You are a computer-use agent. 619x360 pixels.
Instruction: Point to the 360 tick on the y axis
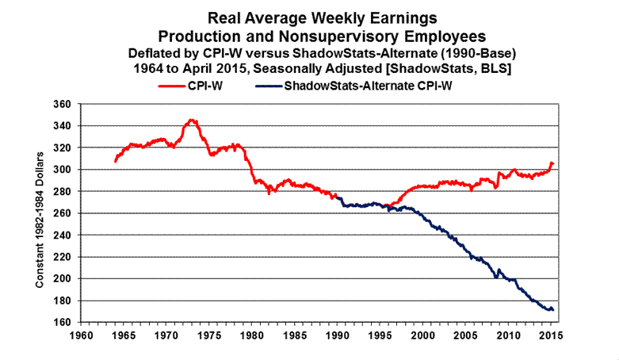pyautogui.click(x=60, y=104)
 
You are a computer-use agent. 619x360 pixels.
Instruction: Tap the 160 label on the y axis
pyautogui.click(x=60, y=323)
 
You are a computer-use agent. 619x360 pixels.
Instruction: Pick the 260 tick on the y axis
pyautogui.click(x=60, y=213)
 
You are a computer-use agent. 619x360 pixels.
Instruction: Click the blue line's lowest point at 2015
pyautogui.click(x=551, y=310)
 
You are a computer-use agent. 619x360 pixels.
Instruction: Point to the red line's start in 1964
pyautogui.click(x=115, y=162)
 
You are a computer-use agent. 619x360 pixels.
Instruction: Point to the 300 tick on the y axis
pyautogui.click(x=60, y=170)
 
